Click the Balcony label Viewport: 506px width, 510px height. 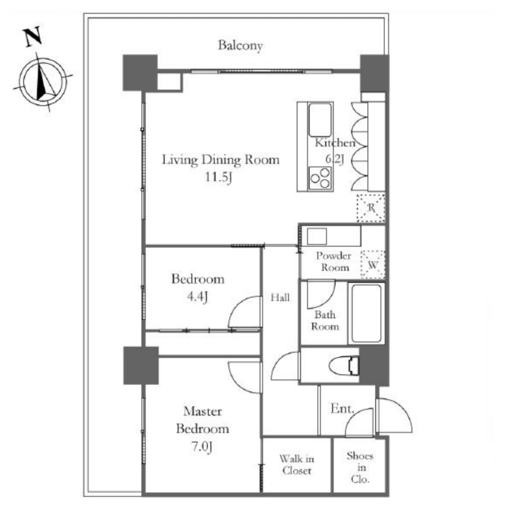tap(241, 45)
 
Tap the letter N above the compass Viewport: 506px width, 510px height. tap(33, 36)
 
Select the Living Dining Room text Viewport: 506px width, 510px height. tap(221, 160)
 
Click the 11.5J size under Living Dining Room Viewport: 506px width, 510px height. tap(219, 178)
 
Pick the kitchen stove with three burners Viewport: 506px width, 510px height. tap(320, 178)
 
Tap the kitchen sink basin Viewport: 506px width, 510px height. tap(320, 120)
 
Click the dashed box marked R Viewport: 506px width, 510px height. tap(371, 208)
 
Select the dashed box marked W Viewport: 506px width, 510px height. tap(373, 264)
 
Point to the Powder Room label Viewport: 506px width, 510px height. tap(334, 261)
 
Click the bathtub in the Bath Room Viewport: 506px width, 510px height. tap(367, 313)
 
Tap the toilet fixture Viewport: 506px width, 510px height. tap(344, 366)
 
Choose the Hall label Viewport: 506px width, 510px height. tap(280, 297)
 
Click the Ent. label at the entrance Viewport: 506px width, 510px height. tap(342, 408)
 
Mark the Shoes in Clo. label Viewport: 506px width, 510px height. tap(360, 467)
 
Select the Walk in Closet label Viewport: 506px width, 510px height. tap(296, 465)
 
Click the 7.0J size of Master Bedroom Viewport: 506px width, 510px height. tap(202, 447)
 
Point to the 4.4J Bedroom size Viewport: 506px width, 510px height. tap(197, 297)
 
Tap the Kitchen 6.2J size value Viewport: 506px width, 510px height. tap(334, 159)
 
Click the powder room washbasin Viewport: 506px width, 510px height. tap(317, 236)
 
